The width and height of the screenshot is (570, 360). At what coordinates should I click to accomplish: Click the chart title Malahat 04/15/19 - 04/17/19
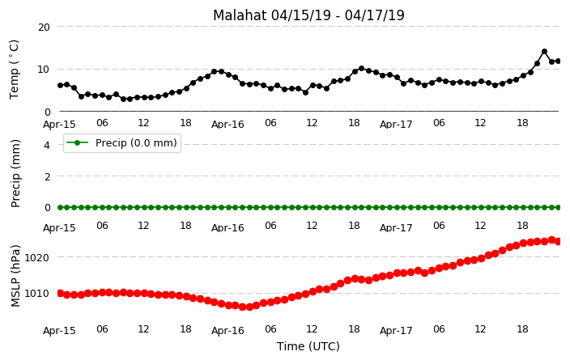point(308,15)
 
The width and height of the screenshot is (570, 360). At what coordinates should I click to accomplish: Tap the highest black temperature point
point(544,52)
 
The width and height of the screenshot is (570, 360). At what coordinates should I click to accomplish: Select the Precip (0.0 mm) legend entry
point(122,143)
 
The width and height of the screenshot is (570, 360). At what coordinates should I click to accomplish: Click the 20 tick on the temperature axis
point(44,28)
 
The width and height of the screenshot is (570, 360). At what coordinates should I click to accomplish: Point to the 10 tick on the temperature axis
point(44,70)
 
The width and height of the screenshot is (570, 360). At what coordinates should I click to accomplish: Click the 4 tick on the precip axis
point(47,146)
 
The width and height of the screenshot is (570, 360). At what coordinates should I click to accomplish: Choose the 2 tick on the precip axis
point(47,176)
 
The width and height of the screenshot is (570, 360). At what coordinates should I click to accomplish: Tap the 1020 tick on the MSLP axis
point(36,258)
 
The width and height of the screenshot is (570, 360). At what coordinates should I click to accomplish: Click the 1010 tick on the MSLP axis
point(36,294)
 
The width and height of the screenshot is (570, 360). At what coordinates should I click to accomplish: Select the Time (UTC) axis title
point(308,346)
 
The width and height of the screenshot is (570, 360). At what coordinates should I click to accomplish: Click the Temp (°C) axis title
point(15,70)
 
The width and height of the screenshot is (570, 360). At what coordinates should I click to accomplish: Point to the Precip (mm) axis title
point(15,174)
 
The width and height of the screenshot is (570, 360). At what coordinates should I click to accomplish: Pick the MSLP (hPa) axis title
point(15,276)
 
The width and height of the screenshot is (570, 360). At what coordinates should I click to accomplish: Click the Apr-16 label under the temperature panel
point(228,125)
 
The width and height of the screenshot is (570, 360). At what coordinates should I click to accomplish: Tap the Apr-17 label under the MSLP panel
point(396,331)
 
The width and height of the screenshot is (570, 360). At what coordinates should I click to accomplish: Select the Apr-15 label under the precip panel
point(59,228)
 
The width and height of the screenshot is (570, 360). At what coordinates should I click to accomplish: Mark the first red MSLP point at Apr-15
point(61,293)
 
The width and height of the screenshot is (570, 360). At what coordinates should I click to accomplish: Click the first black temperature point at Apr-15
point(61,86)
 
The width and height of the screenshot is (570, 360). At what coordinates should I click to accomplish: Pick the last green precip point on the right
point(558,207)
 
